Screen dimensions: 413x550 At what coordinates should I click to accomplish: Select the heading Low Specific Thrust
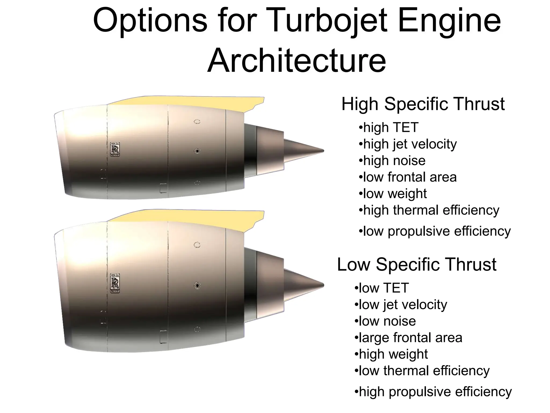[417, 265]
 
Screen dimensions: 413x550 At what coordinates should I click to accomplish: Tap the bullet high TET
[389, 127]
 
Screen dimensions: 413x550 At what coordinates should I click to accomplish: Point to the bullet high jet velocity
[408, 144]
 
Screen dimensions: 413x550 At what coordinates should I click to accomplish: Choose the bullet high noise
[392, 161]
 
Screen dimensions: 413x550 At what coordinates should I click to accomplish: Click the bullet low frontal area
[408, 177]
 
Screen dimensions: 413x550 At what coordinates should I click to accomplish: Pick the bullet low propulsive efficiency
[435, 231]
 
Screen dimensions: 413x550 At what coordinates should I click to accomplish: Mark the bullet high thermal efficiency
[429, 210]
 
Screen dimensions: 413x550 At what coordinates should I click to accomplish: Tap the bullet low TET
[382, 288]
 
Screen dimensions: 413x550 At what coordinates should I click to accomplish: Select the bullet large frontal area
[408, 338]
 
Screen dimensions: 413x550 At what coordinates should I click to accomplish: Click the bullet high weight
[391, 354]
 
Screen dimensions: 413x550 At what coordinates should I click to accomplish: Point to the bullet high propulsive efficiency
[433, 392]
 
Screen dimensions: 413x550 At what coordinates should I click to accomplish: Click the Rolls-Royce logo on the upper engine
[115, 149]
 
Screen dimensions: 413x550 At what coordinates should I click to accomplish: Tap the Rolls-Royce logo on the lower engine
[115, 283]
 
